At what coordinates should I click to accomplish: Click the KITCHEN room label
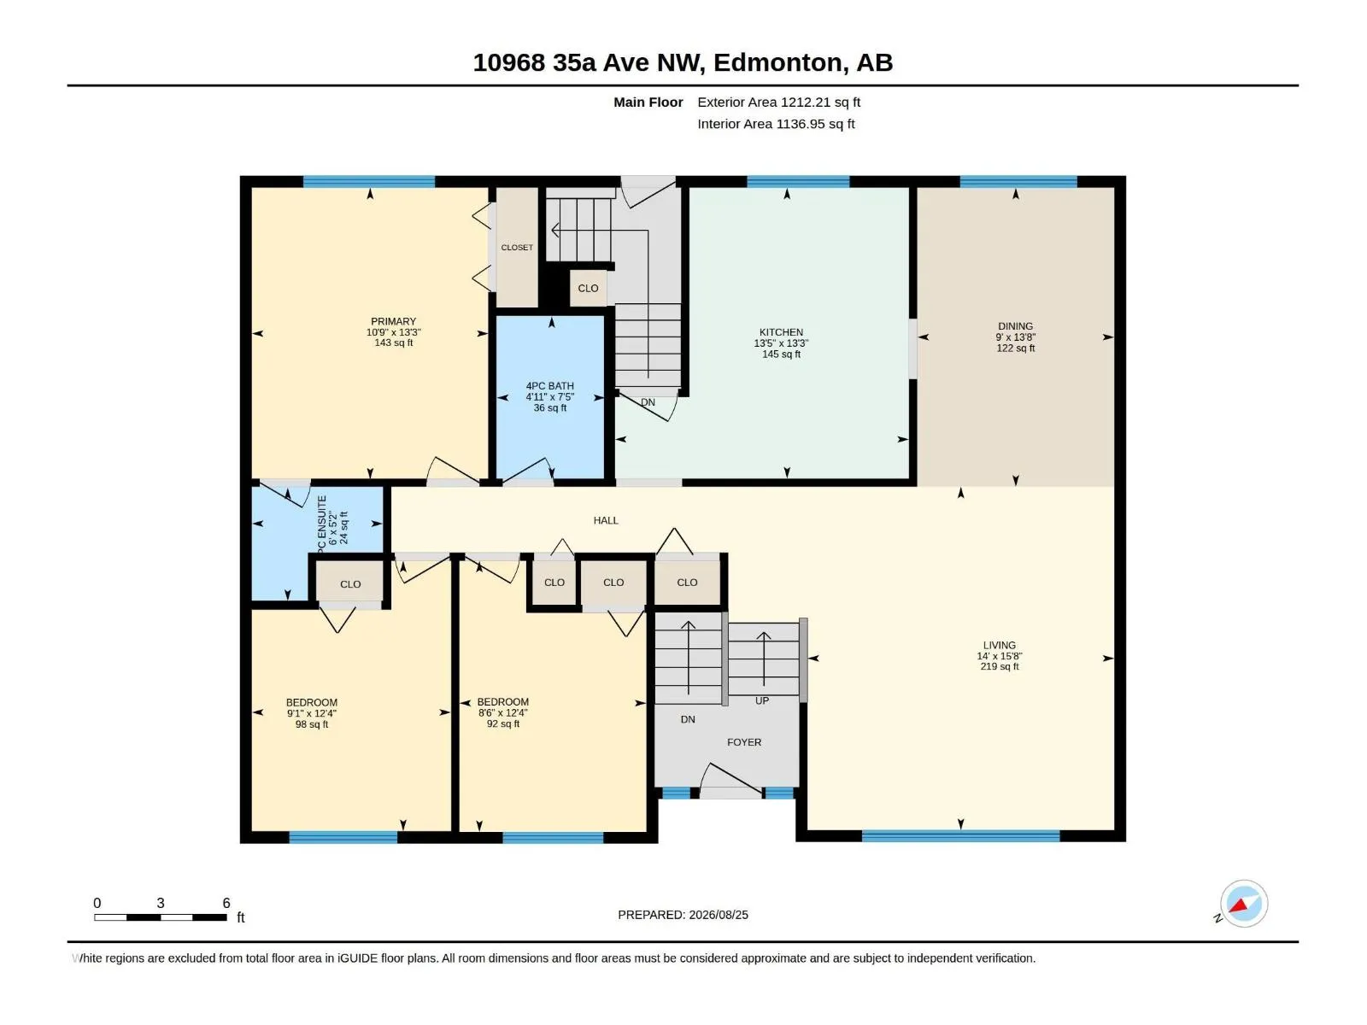(x=781, y=332)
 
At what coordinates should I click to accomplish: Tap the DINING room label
(x=1015, y=326)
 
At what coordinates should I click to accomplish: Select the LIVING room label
(x=999, y=646)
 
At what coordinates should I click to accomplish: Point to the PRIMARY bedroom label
(x=393, y=322)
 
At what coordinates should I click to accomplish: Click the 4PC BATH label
(x=550, y=386)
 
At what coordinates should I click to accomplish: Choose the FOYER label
(x=744, y=741)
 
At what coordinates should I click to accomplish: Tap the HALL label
(x=606, y=520)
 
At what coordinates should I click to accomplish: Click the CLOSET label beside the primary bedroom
(x=517, y=248)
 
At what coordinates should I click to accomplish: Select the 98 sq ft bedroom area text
(x=311, y=724)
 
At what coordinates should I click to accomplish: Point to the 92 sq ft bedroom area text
(x=502, y=723)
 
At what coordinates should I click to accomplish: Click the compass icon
(x=1244, y=904)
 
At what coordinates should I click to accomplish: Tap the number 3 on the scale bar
(x=161, y=903)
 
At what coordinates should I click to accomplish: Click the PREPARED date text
(x=683, y=915)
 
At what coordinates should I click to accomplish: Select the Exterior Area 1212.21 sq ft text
(x=778, y=102)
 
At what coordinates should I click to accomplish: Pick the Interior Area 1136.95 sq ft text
(x=776, y=124)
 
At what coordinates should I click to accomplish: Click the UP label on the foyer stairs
(x=761, y=700)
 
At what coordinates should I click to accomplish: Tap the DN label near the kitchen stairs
(x=648, y=402)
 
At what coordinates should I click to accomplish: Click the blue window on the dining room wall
(x=1018, y=182)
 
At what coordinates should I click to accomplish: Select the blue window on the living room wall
(x=960, y=836)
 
